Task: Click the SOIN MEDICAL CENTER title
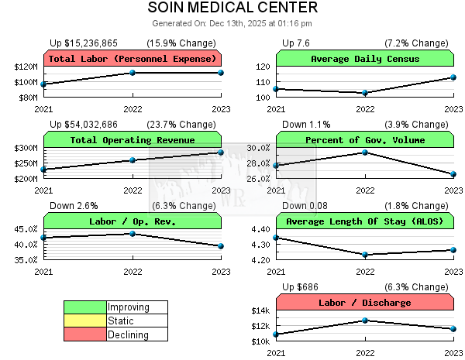pos(232,8)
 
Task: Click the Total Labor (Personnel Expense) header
pos(133,59)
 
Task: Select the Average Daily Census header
pos(365,59)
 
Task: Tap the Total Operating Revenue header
pos(133,140)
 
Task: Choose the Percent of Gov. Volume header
pos(365,140)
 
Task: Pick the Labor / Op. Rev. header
pos(133,221)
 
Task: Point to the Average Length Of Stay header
pos(365,221)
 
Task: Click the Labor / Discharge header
pos(365,303)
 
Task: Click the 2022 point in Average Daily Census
pos(365,93)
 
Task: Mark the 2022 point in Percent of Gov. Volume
pos(365,153)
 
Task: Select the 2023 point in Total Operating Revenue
pos(221,153)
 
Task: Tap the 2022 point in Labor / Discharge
pos(365,321)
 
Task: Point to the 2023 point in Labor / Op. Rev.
pos(221,246)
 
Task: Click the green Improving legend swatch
pos(85,307)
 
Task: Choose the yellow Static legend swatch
pos(85,321)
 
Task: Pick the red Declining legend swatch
pos(85,334)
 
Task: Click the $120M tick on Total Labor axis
pos(26,67)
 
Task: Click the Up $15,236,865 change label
pos(84,43)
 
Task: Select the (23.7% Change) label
pos(181,124)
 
